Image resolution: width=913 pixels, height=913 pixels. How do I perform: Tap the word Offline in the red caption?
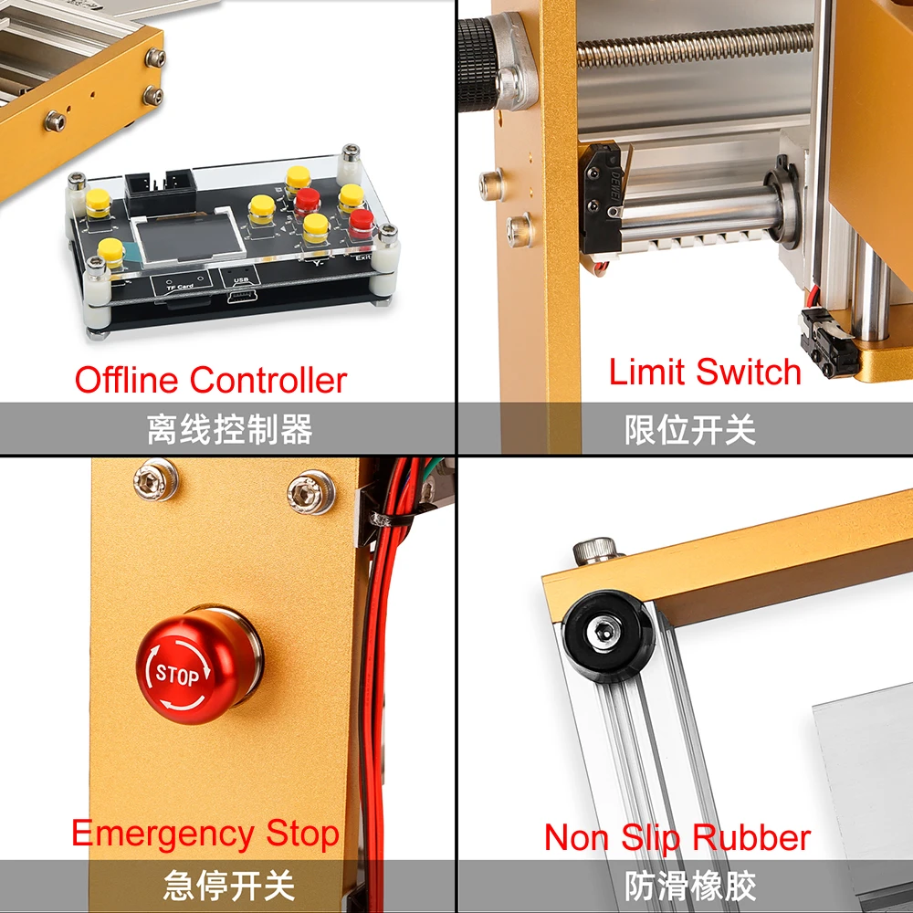(128, 380)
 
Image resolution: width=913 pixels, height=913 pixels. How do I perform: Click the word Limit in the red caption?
(647, 373)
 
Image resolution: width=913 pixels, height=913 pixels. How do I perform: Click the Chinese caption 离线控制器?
(229, 429)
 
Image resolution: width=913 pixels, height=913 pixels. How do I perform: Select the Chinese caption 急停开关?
(229, 885)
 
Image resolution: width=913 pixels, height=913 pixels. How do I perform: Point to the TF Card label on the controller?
(179, 287)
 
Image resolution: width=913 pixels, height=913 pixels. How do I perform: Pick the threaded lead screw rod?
(694, 46)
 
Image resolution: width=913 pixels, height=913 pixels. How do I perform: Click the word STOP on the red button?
(177, 676)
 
